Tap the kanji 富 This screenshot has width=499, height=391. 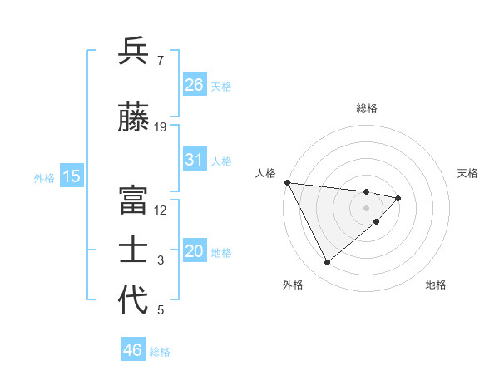[x=134, y=200]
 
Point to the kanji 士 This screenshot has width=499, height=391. [x=134, y=250]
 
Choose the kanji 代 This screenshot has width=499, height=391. [x=134, y=300]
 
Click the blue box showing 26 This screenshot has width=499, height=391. [x=195, y=85]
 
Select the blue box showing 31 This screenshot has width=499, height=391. [x=195, y=160]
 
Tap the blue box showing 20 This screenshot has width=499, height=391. [x=195, y=252]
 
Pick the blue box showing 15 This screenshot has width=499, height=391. [x=72, y=176]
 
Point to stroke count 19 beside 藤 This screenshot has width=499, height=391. [x=161, y=126]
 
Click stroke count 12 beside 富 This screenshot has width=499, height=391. [x=161, y=210]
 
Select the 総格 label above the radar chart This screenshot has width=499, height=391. [x=367, y=108]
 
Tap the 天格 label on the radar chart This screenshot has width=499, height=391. [x=468, y=173]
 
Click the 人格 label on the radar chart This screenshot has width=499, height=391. [x=265, y=173]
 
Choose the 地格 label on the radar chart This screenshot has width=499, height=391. [x=436, y=285]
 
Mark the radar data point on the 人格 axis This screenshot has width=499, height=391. [x=286, y=182]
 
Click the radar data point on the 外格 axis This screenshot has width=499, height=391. [x=327, y=263]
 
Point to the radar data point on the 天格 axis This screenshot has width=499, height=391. [x=398, y=198]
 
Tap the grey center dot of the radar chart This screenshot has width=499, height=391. [x=367, y=207]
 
